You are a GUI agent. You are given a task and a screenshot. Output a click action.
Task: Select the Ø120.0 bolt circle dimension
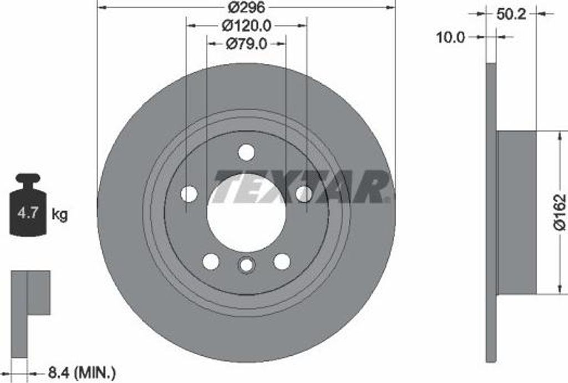tap(246, 25)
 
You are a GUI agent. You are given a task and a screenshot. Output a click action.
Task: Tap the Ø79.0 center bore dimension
tap(246, 43)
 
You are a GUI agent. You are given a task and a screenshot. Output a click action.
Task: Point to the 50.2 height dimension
tap(511, 14)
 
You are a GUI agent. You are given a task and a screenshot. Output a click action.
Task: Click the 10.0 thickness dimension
tap(450, 37)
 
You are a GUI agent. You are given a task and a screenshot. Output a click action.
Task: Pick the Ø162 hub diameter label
tap(560, 211)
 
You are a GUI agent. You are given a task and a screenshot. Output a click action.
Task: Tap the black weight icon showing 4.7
tap(27, 206)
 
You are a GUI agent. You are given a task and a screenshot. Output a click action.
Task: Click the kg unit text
tap(59, 214)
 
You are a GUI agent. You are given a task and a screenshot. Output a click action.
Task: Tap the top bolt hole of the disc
tap(246, 152)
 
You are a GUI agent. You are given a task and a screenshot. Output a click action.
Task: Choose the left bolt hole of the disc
tap(189, 194)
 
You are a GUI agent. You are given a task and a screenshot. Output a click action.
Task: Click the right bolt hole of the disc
tap(304, 194)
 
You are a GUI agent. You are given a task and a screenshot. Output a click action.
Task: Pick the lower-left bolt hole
tap(211, 261)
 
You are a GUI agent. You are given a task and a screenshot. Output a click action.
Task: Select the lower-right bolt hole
tap(282, 261)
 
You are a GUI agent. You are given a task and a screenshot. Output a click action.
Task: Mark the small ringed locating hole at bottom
tap(246, 265)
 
